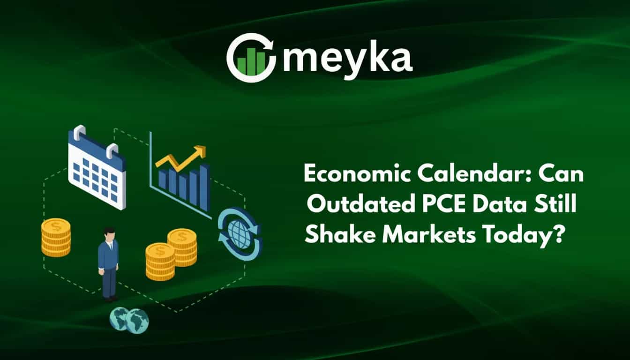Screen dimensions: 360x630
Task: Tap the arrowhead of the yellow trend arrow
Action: [x=201, y=151]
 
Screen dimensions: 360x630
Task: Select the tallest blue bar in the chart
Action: [x=204, y=187]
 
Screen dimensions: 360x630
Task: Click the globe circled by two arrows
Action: [x=240, y=234]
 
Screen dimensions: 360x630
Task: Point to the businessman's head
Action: [x=109, y=233]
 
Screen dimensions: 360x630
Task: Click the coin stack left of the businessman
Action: [x=56, y=237]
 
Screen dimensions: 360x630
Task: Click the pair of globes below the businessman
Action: [x=129, y=320]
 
